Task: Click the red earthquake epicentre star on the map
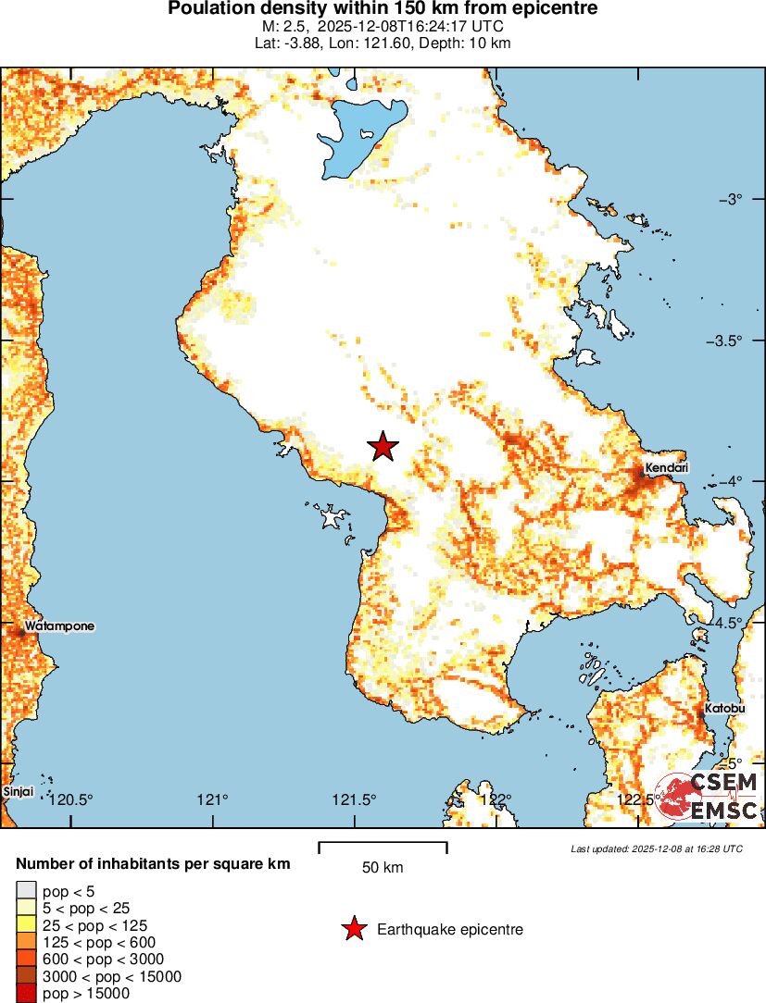383,446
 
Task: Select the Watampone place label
59,626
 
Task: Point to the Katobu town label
724,709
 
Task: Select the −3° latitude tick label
738,200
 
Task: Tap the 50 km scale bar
383,848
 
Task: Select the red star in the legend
354,930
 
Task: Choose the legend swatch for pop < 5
25,891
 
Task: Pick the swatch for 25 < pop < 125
25,925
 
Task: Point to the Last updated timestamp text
657,848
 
